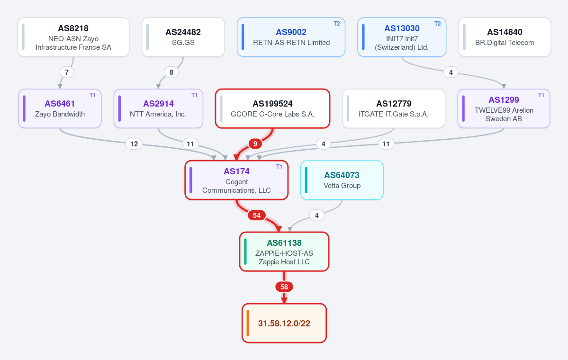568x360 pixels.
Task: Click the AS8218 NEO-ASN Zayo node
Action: (x=73, y=37)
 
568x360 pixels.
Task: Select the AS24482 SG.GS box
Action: (x=183, y=37)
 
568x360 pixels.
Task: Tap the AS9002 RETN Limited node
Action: (x=291, y=37)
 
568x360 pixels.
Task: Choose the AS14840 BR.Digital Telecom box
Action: (x=505, y=37)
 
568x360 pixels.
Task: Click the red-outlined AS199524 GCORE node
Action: (x=273, y=108)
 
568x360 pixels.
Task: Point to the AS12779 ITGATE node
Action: (x=394, y=108)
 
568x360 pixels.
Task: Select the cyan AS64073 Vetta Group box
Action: (x=342, y=180)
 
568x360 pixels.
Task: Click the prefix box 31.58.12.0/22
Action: (x=284, y=323)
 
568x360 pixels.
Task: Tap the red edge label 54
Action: (x=257, y=216)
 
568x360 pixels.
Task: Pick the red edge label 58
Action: (x=284, y=287)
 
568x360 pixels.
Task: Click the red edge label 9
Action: (x=255, y=144)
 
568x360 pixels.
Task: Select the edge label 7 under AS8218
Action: (x=67, y=72)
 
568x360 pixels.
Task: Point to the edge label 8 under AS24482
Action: (x=171, y=72)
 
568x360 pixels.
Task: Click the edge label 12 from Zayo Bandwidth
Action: (x=134, y=144)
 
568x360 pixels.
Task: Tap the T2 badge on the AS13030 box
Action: (x=438, y=24)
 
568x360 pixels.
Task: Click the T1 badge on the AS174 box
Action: (x=279, y=167)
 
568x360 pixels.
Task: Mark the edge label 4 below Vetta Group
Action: (x=317, y=216)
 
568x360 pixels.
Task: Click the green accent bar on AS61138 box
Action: (x=245, y=252)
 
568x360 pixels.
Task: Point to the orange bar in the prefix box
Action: (x=248, y=323)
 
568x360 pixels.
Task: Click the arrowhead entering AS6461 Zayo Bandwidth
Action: (x=60, y=86)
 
